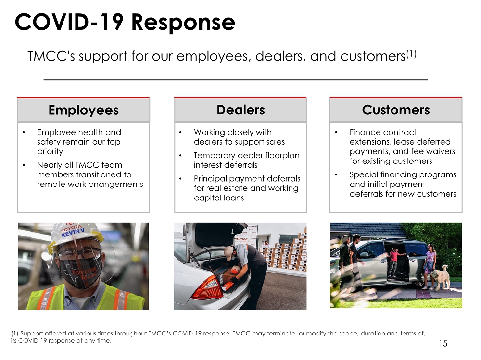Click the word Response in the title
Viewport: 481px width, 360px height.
click(183, 23)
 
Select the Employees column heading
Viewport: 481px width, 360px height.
click(83, 110)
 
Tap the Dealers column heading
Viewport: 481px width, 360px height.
click(241, 110)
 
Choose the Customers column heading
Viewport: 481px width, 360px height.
click(396, 110)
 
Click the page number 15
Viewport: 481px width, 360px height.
click(443, 344)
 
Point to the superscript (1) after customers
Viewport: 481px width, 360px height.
click(411, 54)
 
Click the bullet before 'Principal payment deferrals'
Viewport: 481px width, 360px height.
click(180, 178)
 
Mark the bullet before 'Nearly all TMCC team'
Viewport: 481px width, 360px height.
click(24, 165)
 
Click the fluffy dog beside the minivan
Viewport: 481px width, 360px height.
click(440, 277)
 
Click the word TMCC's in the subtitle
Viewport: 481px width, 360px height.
click(51, 56)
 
